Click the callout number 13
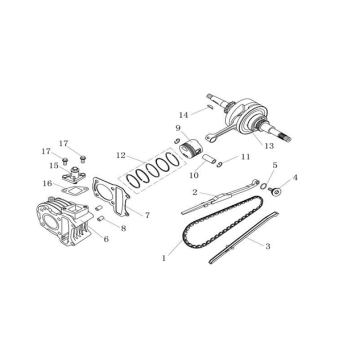269,146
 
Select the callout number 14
183,115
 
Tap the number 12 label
121,155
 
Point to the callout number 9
178,128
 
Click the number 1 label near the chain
164,258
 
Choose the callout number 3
267,246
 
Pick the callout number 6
106,239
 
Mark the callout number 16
48,183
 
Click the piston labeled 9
190,149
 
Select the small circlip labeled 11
219,164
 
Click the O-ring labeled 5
263,186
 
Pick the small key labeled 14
209,107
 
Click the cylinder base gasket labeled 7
112,194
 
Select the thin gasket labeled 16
75,190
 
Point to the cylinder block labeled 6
64,220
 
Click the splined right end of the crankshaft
286,137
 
